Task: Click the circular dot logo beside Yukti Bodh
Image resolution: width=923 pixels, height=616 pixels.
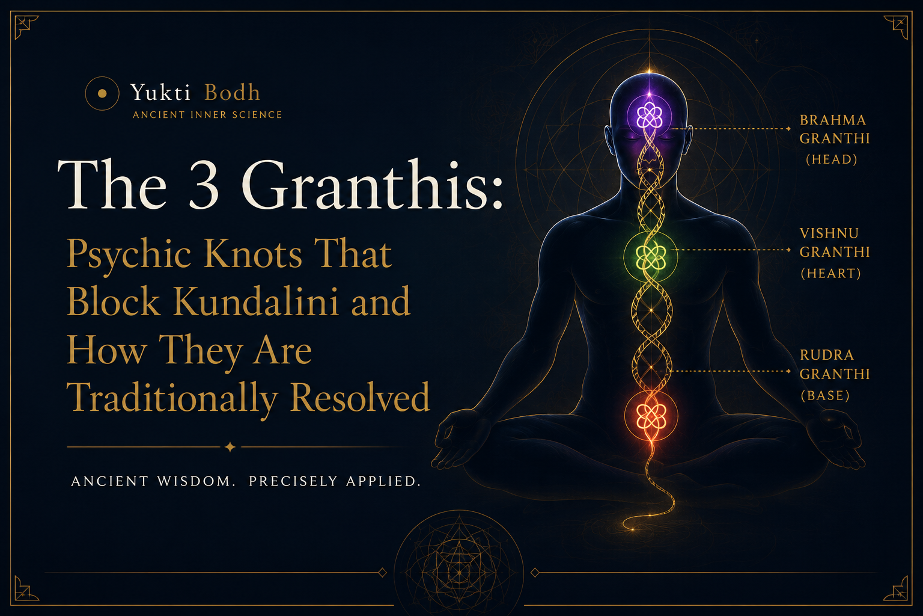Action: (x=102, y=94)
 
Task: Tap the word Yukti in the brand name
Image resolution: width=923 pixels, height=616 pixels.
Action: (x=160, y=93)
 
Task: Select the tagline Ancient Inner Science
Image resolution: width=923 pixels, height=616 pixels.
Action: (x=207, y=115)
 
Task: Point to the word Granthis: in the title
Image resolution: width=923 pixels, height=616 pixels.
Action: (x=373, y=184)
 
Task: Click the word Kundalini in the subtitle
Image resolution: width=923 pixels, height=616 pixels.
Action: (x=255, y=301)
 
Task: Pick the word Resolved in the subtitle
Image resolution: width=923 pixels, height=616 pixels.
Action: (x=360, y=397)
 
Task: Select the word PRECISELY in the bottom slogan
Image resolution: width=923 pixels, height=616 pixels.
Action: (x=293, y=481)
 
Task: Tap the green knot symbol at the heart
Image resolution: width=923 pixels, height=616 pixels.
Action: (x=651, y=257)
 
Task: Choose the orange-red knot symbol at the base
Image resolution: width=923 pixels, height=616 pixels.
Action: (x=651, y=416)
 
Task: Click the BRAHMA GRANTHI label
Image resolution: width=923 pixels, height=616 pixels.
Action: (x=835, y=129)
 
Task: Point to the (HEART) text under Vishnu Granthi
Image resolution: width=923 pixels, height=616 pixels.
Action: (x=830, y=273)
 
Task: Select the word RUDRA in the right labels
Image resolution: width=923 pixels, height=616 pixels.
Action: (x=827, y=355)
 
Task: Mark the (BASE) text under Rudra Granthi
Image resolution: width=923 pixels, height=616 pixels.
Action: (x=825, y=396)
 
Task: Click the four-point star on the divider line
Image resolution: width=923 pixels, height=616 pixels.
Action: (x=230, y=447)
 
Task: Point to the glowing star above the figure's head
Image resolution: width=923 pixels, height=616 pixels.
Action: (x=650, y=72)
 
